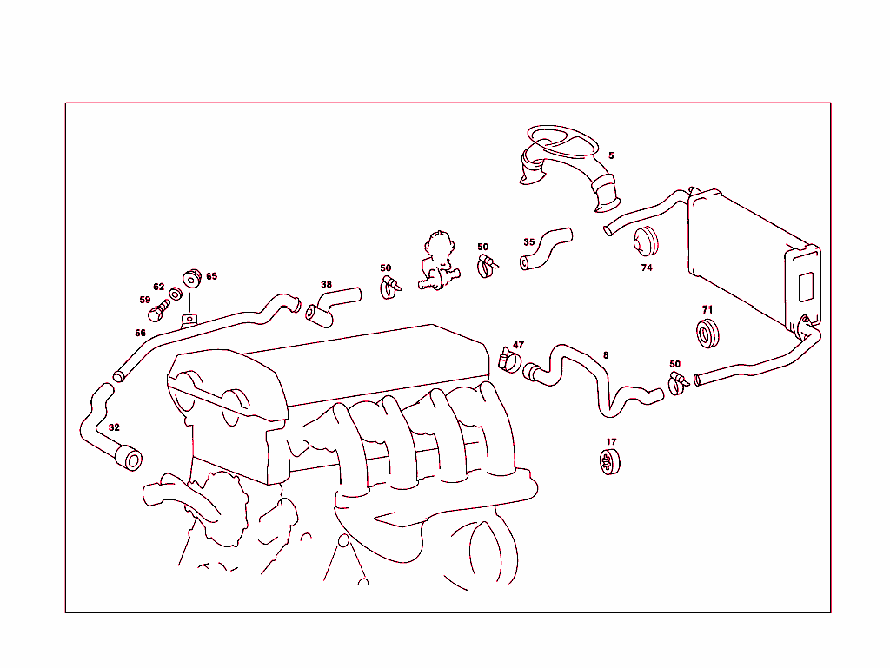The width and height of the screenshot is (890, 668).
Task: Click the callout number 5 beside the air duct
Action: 611,155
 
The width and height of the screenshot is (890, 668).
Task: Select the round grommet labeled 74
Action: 645,241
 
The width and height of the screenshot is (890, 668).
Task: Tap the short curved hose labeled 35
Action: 545,248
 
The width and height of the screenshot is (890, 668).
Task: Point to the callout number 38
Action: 326,284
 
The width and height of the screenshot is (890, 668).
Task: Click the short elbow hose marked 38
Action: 329,305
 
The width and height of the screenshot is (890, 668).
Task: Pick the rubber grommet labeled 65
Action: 192,278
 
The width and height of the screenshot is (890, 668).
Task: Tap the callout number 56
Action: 140,333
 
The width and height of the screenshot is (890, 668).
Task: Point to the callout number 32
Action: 114,427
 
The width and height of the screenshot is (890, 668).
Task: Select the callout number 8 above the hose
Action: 606,354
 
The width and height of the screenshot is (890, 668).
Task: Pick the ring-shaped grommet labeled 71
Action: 709,333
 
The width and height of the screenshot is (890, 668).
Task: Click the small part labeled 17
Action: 610,463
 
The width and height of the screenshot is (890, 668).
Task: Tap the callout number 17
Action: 611,441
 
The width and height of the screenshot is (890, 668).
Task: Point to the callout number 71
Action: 707,309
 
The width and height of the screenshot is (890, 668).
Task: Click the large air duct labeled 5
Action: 569,165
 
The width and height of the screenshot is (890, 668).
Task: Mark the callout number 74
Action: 647,268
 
